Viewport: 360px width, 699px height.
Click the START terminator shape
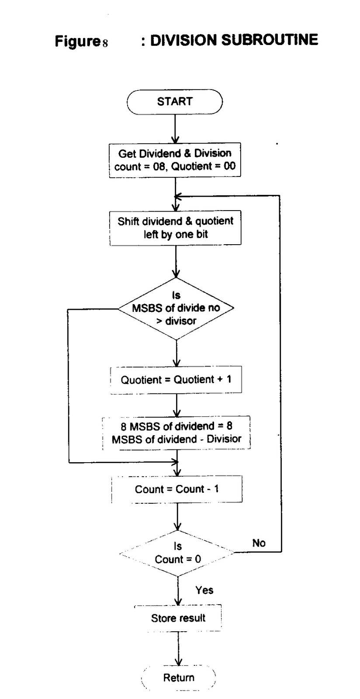point(175,102)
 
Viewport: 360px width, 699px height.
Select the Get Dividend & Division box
point(175,160)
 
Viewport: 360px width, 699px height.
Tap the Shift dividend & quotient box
point(175,228)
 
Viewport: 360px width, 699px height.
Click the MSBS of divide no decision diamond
point(176,308)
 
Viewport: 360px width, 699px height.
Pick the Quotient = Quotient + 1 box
point(176,380)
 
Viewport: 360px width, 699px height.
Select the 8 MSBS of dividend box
point(177,433)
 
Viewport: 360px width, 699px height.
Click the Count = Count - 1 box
point(177,489)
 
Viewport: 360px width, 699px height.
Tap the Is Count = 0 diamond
point(177,553)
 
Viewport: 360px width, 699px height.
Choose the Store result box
point(178,618)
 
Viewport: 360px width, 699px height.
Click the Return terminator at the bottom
point(179,678)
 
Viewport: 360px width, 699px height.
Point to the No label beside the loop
point(259,543)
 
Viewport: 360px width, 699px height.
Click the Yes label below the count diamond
point(204,590)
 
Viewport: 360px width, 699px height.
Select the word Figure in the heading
point(77,41)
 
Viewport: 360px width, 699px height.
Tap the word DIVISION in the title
point(183,40)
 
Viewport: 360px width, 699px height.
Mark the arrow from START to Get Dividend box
point(175,129)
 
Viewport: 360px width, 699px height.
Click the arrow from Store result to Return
point(178,648)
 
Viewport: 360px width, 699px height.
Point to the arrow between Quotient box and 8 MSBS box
point(177,405)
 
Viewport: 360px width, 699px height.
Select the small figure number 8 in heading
point(105,43)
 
